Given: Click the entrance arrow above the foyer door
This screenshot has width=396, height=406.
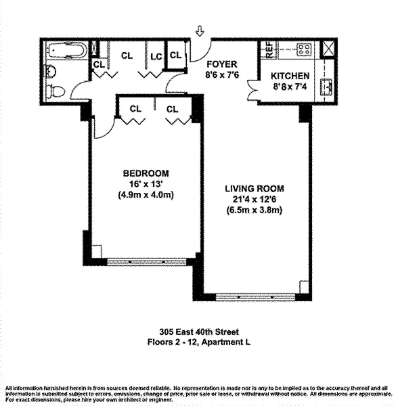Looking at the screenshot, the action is [x=200, y=31].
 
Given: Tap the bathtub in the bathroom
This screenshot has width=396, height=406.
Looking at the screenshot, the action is [x=66, y=50].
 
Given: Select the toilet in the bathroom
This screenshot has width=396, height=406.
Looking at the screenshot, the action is [x=56, y=91].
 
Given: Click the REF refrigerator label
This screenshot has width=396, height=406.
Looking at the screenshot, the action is [x=269, y=49].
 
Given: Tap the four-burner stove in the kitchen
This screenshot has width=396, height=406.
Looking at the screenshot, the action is [x=304, y=49].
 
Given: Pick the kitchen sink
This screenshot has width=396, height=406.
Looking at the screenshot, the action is [x=326, y=87].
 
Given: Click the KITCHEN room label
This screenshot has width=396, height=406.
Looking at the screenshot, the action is [x=290, y=76].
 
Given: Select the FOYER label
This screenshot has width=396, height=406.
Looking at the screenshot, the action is [x=222, y=64].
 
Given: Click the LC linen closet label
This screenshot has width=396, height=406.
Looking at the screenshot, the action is [x=156, y=57].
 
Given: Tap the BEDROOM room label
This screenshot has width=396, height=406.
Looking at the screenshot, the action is [x=146, y=173].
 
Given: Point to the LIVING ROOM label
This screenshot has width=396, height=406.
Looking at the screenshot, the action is [x=255, y=189].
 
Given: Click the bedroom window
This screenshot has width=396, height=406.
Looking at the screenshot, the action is [x=147, y=262].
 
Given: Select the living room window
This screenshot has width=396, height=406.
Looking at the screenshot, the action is [x=255, y=297].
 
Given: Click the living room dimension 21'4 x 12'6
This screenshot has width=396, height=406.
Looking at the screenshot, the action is [x=255, y=200].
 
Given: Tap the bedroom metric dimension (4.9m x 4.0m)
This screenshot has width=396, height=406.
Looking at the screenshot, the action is [x=146, y=195].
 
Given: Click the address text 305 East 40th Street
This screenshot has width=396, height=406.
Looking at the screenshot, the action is [x=199, y=332].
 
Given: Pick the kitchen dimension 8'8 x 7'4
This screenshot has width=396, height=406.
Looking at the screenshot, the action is [x=290, y=87].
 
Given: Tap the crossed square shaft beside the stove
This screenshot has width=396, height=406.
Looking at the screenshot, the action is [x=328, y=49].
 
